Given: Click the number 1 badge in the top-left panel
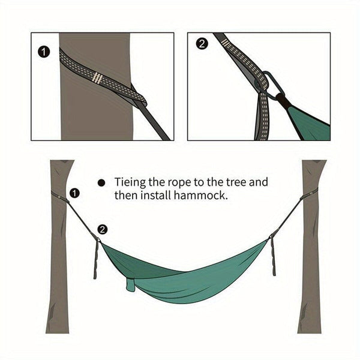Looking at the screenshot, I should tap(43, 52).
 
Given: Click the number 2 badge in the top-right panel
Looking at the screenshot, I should tap(202, 44).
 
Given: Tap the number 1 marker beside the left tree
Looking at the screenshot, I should tap(74, 193).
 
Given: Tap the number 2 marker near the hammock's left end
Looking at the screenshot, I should tap(103, 229).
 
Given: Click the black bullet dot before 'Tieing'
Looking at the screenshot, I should tap(102, 182).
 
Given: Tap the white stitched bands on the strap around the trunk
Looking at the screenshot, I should tap(97, 77).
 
